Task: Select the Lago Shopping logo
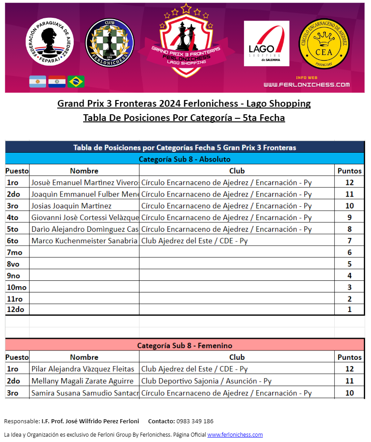266,43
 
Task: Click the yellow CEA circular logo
324,43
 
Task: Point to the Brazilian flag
76,81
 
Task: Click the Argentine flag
38,81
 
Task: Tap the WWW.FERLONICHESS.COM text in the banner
306,84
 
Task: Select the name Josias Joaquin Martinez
72,206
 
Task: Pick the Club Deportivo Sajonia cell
206,381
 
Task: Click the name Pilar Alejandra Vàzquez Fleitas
83,369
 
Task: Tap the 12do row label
15,309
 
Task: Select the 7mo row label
14,252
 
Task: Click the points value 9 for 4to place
350,217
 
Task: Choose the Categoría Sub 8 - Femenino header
185,346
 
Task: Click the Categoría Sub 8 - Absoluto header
185,159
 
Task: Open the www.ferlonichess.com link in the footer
235,434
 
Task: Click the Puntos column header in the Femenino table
350,357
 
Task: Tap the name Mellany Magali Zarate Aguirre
82,381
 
